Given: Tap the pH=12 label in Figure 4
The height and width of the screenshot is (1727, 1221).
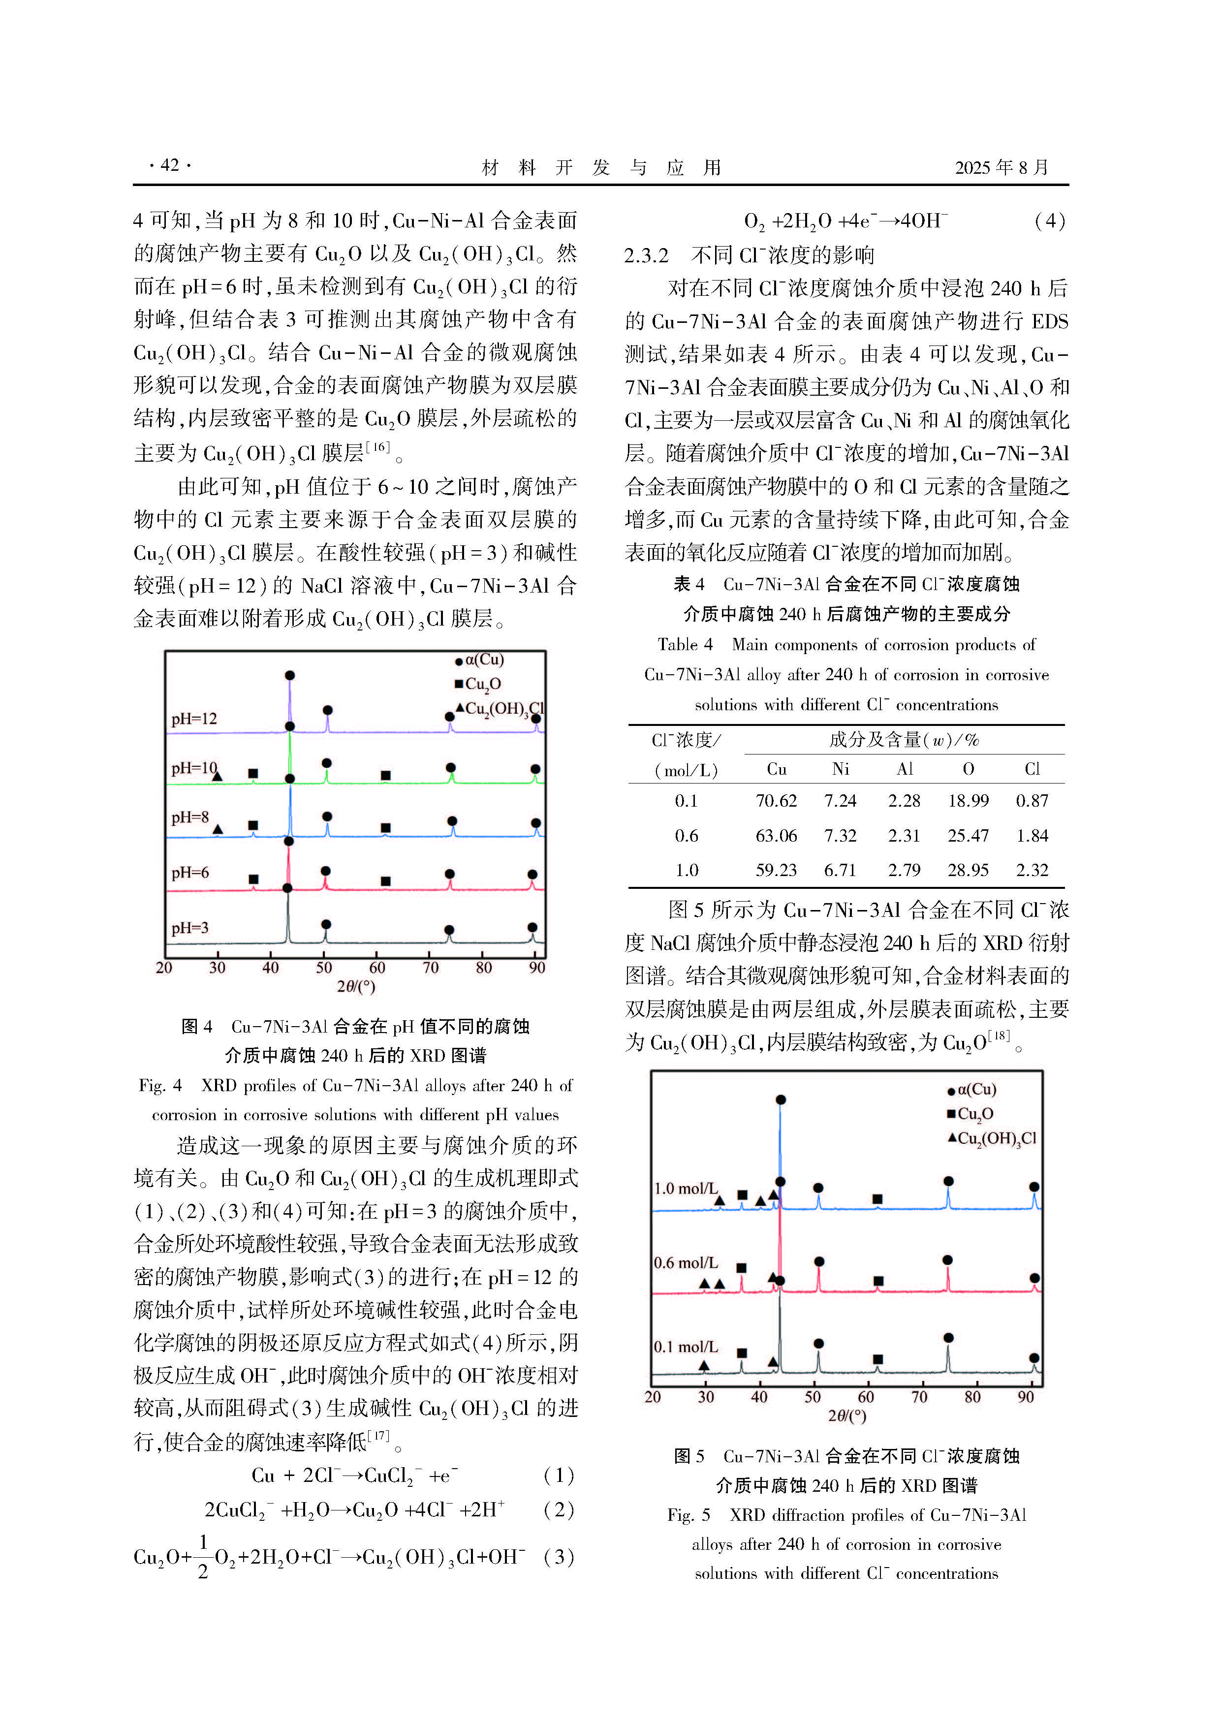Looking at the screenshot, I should (193, 719).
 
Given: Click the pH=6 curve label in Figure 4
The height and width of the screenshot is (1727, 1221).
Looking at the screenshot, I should (189, 873).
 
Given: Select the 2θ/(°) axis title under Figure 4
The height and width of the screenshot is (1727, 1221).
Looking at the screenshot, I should (355, 986).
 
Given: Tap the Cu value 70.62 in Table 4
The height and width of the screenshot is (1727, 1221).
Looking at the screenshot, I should (776, 801).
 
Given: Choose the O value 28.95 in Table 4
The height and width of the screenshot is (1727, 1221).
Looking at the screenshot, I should (968, 870).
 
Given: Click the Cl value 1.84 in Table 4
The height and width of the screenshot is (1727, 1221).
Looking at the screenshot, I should (1032, 836).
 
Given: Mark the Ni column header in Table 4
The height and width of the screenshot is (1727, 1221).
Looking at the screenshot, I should (841, 769).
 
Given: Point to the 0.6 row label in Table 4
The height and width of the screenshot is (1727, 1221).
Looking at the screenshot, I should (686, 836).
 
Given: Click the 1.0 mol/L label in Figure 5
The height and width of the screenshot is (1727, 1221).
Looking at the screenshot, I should (686, 1189).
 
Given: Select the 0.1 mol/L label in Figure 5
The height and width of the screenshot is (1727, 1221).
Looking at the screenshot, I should (686, 1347).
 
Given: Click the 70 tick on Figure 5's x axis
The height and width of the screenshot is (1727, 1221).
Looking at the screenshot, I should (919, 1397).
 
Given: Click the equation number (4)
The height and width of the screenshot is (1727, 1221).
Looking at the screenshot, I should (1049, 220).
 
